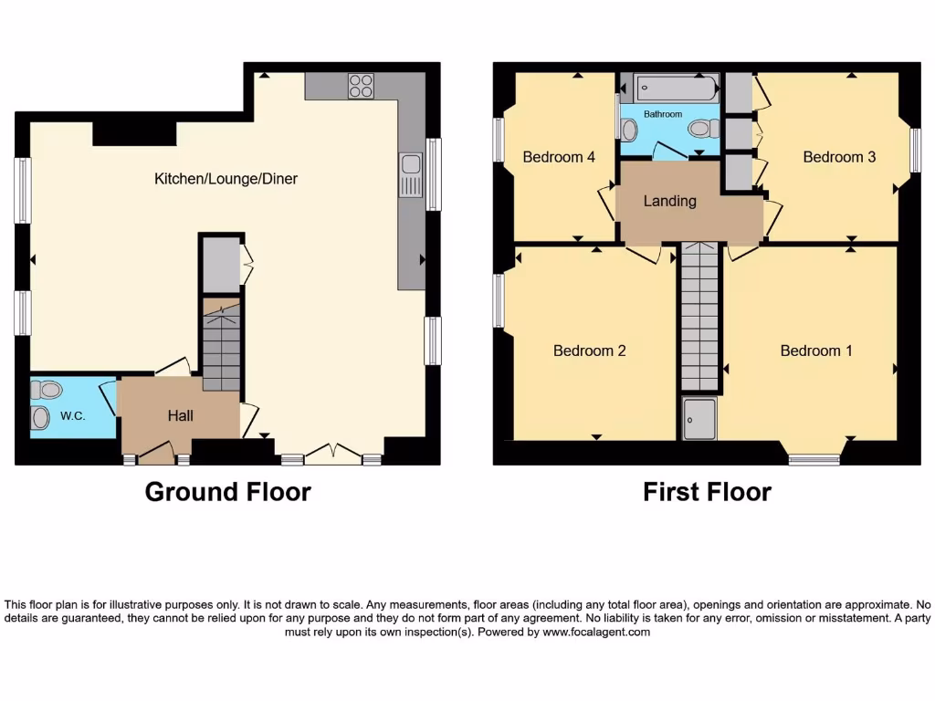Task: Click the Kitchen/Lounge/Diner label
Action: pyautogui.click(x=226, y=179)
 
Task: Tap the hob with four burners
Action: pyautogui.click(x=361, y=86)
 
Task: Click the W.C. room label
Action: pyautogui.click(x=72, y=416)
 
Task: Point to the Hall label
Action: pyautogui.click(x=180, y=415)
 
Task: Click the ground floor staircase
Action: pyautogui.click(x=220, y=347)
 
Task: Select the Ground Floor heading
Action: pyautogui.click(x=227, y=492)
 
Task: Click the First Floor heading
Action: pyautogui.click(x=707, y=492)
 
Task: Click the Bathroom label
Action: pyautogui.click(x=662, y=114)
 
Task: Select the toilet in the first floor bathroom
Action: pyautogui.click(x=702, y=129)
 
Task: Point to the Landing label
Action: pyautogui.click(x=669, y=201)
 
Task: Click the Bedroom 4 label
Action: pyautogui.click(x=559, y=157)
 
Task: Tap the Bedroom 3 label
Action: pyautogui.click(x=839, y=157)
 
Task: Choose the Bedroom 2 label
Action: pyautogui.click(x=589, y=350)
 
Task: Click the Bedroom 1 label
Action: pyautogui.click(x=816, y=350)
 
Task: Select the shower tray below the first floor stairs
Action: pyautogui.click(x=699, y=417)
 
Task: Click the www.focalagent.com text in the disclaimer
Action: pyautogui.click(x=596, y=632)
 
